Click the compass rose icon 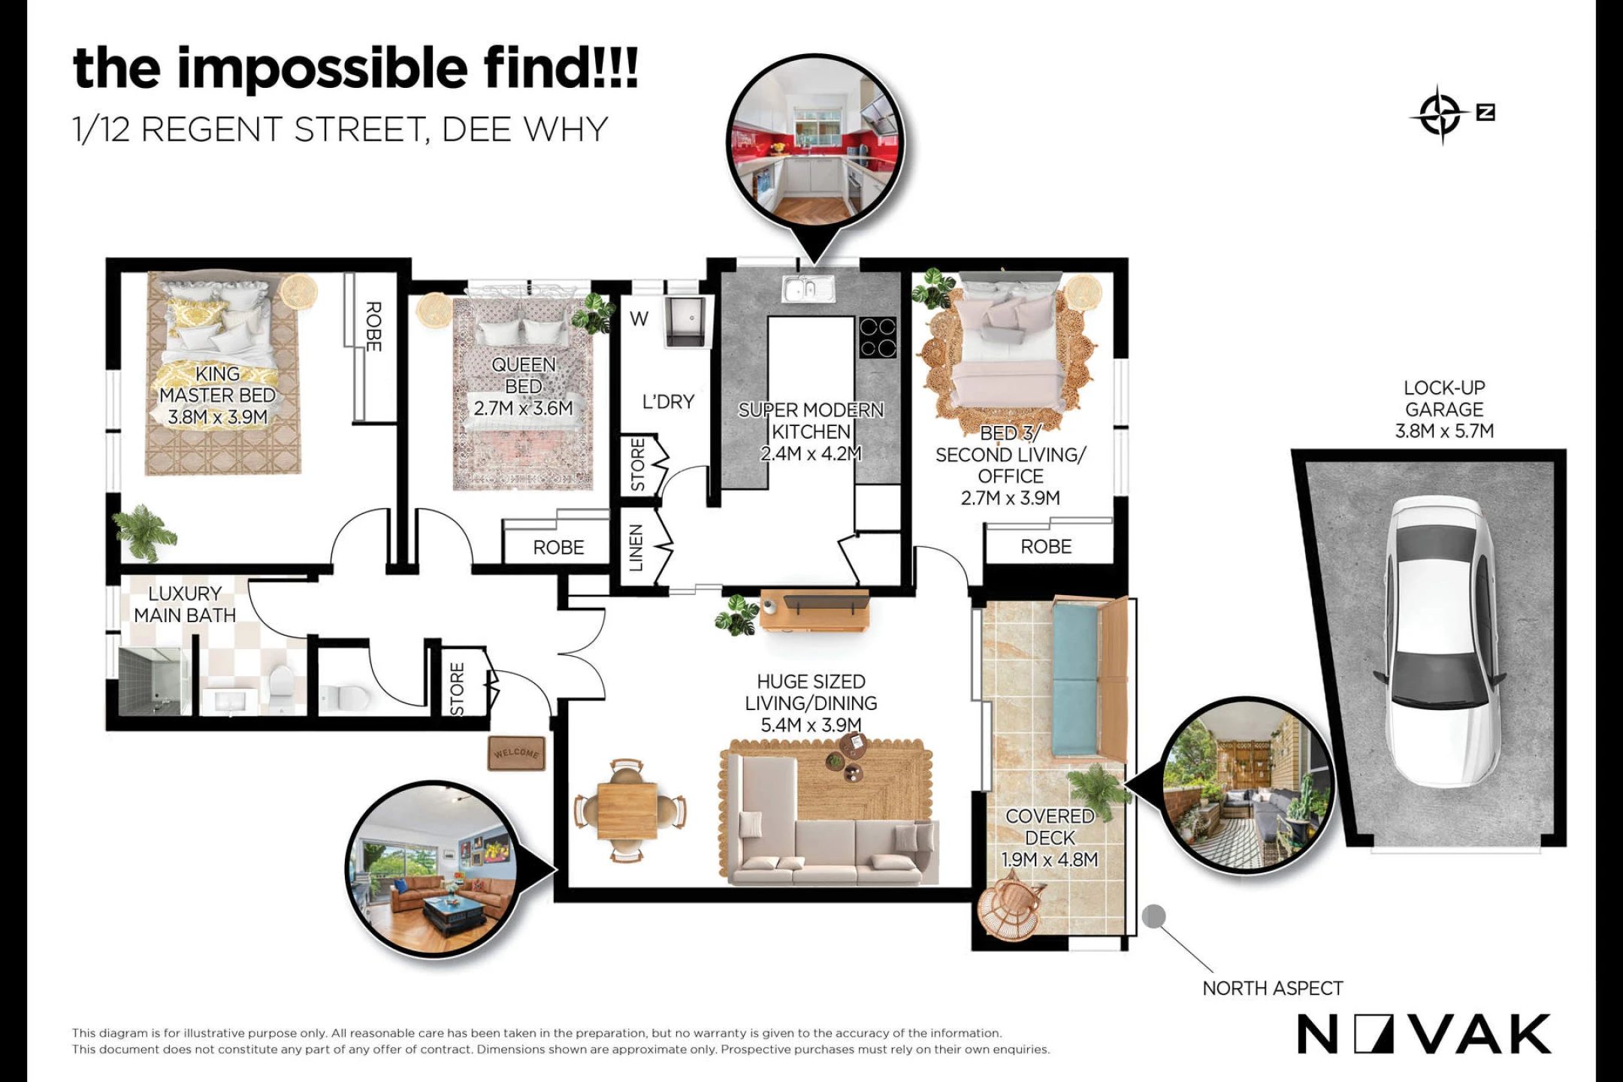(1440, 115)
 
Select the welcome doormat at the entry (516, 753)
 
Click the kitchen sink (808, 289)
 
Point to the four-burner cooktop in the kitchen (878, 337)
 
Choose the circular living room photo (434, 869)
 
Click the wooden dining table (628, 811)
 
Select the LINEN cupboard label (636, 548)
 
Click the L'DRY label (668, 402)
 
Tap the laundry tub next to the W (687, 321)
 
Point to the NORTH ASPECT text (1272, 988)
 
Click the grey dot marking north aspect (1153, 916)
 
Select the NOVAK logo (1424, 1034)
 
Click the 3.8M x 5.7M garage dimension (1444, 431)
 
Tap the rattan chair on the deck (1011, 909)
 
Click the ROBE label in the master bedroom (373, 326)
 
